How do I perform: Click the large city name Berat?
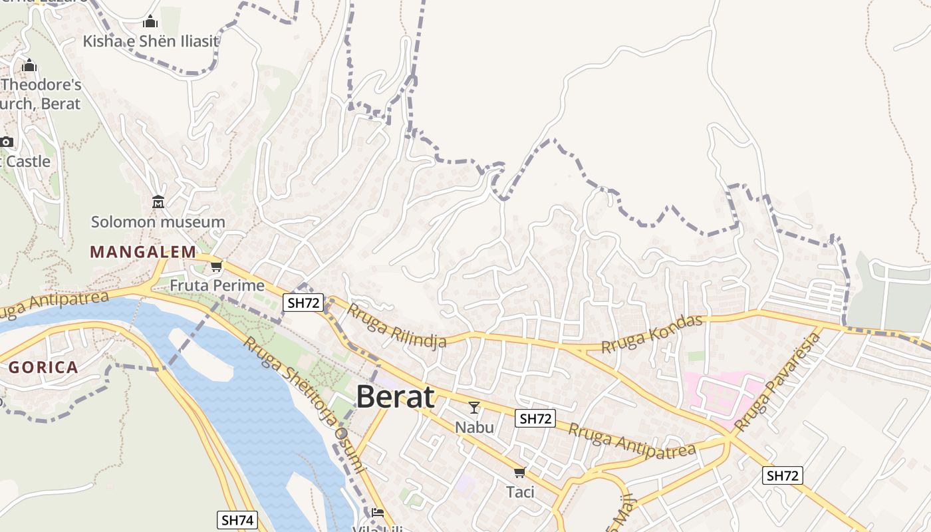(396, 397)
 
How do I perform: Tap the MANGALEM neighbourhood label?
(143, 252)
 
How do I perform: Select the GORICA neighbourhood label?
(44, 367)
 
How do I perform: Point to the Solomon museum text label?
(158, 222)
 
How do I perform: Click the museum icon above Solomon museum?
(158, 201)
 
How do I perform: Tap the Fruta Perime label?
(217, 286)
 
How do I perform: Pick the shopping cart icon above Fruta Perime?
(216, 267)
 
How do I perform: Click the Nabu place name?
(474, 427)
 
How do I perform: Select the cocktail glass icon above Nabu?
(474, 407)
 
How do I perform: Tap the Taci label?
(520, 492)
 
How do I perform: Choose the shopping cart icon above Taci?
(520, 472)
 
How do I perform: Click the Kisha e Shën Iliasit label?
(150, 41)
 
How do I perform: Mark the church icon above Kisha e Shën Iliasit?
(150, 22)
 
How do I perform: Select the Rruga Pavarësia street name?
(778, 382)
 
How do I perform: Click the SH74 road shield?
(237, 520)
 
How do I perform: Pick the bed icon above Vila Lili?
(378, 512)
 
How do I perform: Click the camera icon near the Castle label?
(7, 142)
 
